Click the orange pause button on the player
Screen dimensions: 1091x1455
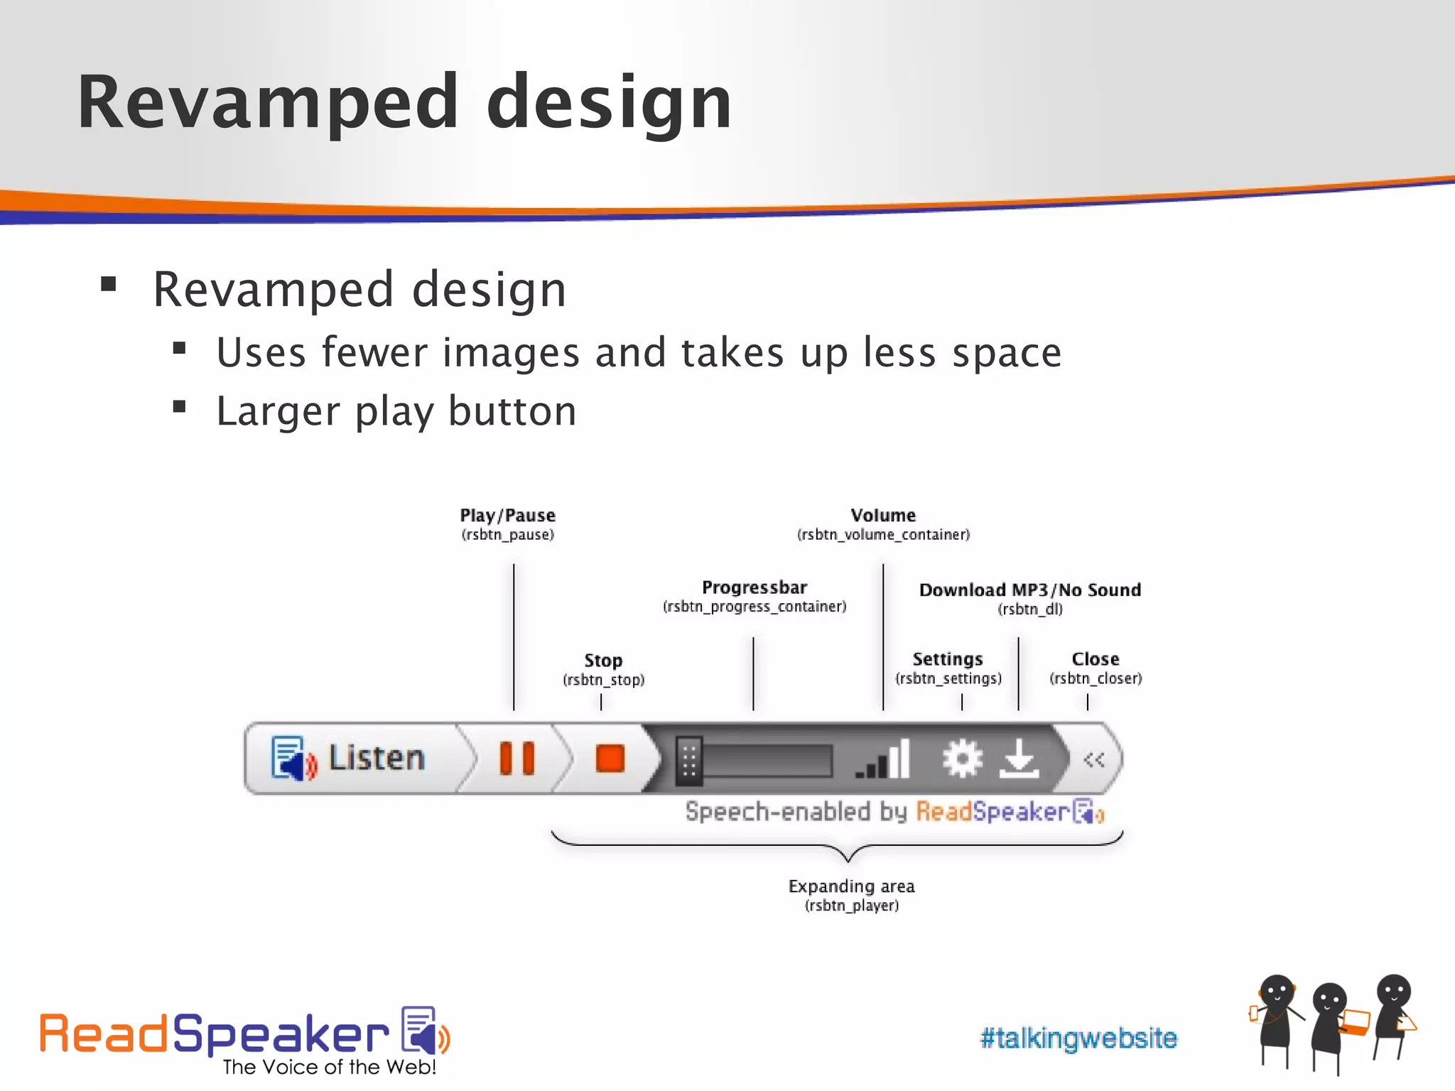pos(516,759)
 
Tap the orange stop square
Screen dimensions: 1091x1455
pos(610,759)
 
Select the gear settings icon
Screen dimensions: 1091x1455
pos(962,759)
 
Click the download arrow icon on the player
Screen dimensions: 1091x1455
pos(1019,759)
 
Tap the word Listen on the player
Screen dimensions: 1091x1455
pos(377,759)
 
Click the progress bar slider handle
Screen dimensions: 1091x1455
pos(688,761)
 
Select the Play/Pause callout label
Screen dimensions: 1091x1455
pos(507,516)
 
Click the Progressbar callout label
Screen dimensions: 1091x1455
pos(754,588)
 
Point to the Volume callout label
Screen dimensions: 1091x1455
pos(883,516)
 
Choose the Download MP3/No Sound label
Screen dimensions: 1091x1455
pos(1030,590)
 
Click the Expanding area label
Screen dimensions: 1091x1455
pos(851,886)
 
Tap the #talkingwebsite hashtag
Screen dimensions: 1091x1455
pos(1078,1038)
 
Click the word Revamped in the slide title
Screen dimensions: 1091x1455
pos(267,102)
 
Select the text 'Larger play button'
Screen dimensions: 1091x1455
pos(396,411)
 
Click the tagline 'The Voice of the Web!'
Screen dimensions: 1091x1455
pos(329,1067)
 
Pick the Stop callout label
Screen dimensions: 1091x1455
pos(603,661)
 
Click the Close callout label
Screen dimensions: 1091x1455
pos(1096,659)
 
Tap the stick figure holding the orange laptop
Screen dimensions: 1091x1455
pos(1332,1023)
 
